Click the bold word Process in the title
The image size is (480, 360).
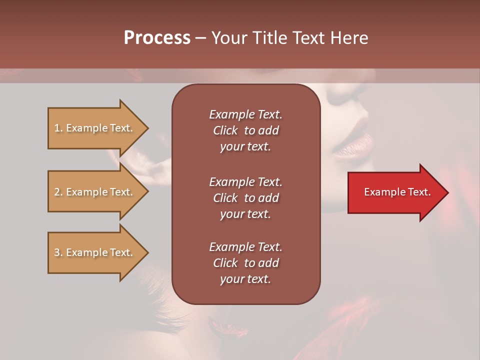tap(157, 38)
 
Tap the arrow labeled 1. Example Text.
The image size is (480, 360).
tap(95, 128)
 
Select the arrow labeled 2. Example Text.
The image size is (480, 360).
tap(95, 192)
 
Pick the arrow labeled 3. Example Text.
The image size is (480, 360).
tap(95, 252)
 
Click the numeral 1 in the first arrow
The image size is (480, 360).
tap(56, 128)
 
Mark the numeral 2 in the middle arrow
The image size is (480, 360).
tap(56, 192)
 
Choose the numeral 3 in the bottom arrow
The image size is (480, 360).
tap(56, 252)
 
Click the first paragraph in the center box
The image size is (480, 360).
tap(245, 130)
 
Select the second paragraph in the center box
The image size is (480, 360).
tap(245, 198)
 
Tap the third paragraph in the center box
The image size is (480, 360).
tap(245, 263)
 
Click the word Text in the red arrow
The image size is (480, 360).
tap(419, 192)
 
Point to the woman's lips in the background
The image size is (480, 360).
tap(352, 146)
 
